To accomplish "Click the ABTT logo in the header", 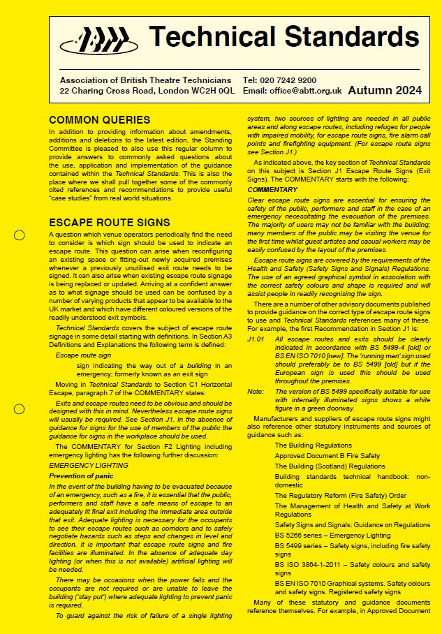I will (98, 40).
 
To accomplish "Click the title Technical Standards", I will (284, 36).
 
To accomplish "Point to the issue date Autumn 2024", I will (384, 90).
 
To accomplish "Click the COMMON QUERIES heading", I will (99, 120).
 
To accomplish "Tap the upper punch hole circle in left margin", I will (20, 235).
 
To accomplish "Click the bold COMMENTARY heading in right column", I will (272, 190).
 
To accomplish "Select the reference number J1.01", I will (256, 337).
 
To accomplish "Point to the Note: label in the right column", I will (256, 392).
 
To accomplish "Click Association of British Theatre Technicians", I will (146, 81).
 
